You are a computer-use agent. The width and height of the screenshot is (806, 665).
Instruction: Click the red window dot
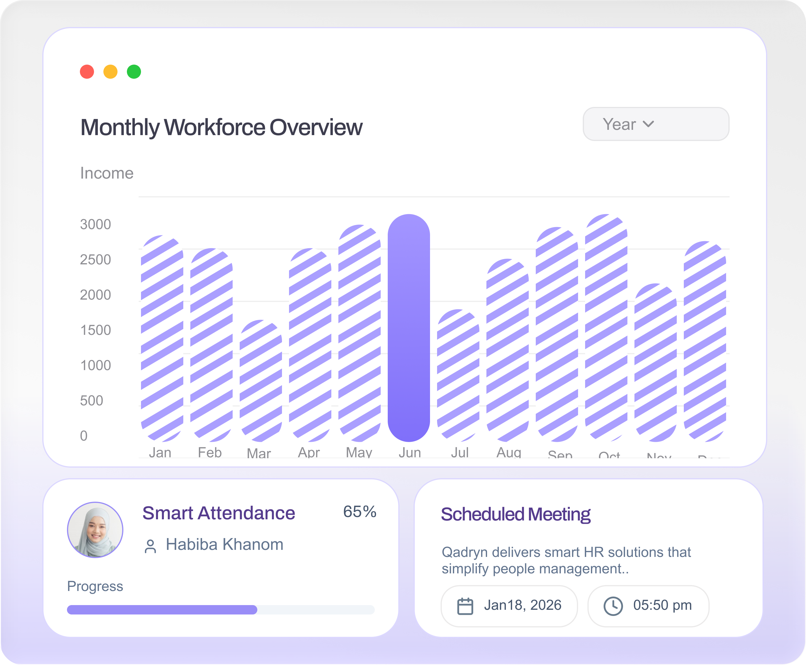87,72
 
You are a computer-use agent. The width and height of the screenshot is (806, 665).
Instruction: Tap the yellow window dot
110,72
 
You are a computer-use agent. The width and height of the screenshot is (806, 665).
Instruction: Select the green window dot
134,72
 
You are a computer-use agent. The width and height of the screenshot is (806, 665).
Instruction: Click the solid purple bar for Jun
409,328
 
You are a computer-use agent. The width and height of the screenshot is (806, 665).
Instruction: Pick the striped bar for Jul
458,375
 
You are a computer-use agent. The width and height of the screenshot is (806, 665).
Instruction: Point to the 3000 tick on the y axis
95,224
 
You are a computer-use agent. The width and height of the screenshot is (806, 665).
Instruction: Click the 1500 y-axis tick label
95,330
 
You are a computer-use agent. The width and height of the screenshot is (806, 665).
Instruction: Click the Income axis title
107,173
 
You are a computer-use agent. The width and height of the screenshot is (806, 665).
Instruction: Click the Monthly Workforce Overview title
221,127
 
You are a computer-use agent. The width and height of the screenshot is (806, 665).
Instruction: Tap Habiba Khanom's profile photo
95,530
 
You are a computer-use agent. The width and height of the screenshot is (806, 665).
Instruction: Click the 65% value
359,512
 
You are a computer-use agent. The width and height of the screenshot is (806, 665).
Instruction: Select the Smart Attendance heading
218,513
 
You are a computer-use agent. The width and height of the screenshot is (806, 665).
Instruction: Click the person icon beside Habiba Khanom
150,546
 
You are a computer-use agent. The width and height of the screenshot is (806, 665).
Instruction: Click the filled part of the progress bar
162,609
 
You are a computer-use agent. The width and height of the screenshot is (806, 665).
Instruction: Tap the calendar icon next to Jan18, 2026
465,606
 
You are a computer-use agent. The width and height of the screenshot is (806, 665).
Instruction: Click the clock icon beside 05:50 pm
613,606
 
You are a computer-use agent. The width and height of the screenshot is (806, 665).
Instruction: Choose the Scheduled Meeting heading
515,514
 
